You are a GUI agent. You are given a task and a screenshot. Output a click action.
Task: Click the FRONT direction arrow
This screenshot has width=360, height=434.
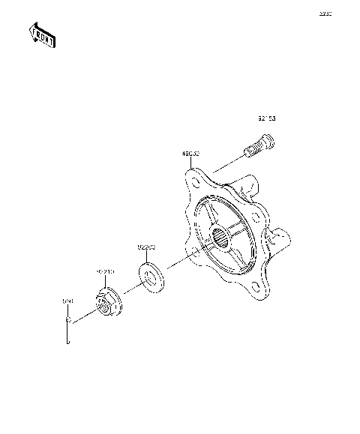click(42, 34)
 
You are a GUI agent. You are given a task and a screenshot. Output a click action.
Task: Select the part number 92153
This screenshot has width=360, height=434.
click(267, 119)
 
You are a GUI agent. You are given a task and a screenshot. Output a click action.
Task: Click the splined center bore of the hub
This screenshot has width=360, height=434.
click(223, 241)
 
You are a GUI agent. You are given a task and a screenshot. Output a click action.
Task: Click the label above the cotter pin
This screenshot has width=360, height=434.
click(66, 301)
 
